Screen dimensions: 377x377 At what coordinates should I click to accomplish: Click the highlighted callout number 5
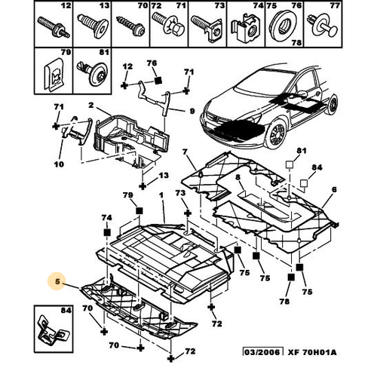(57, 281)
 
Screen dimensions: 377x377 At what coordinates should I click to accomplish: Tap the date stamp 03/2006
(263, 352)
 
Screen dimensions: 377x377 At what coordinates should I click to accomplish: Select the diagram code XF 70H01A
(312, 352)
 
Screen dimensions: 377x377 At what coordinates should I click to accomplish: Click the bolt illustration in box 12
(54, 27)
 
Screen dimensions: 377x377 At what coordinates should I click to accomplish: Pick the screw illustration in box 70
(130, 27)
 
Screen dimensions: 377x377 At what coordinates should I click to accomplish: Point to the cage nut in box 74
(246, 31)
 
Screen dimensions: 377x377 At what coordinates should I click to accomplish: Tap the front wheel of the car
(277, 133)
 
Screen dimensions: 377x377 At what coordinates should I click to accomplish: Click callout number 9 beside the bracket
(192, 111)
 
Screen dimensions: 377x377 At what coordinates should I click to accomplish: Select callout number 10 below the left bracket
(59, 164)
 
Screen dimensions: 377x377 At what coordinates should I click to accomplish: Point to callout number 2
(90, 105)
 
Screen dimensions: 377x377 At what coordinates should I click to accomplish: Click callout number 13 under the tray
(164, 175)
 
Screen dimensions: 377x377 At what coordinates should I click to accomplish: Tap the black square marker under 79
(139, 210)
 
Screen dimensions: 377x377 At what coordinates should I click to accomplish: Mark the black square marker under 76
(158, 81)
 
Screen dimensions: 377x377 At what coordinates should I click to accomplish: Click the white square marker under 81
(290, 164)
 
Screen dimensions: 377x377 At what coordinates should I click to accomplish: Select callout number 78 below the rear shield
(284, 301)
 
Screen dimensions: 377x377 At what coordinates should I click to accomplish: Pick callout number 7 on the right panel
(185, 152)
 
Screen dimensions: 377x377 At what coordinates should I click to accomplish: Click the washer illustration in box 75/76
(283, 26)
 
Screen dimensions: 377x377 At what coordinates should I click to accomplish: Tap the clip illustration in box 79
(54, 74)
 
